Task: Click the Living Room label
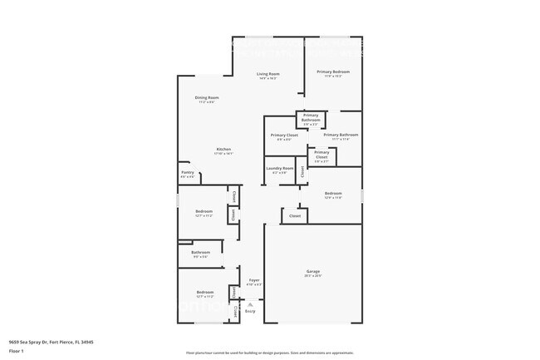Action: (x=268, y=74)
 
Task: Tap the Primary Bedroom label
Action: (x=333, y=72)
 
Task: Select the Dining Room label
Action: (x=207, y=97)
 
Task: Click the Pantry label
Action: (x=188, y=172)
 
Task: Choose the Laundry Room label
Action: (x=280, y=168)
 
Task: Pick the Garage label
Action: (x=312, y=271)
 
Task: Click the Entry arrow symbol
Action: (x=250, y=305)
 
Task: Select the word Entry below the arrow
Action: (x=250, y=312)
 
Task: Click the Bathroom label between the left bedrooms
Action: (x=200, y=252)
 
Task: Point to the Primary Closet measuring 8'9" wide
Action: (x=284, y=135)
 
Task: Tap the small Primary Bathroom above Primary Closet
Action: (x=311, y=117)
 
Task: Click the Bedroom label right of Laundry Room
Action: (x=332, y=193)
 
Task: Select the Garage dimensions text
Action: (x=312, y=275)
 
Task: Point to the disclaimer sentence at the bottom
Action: (x=269, y=353)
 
